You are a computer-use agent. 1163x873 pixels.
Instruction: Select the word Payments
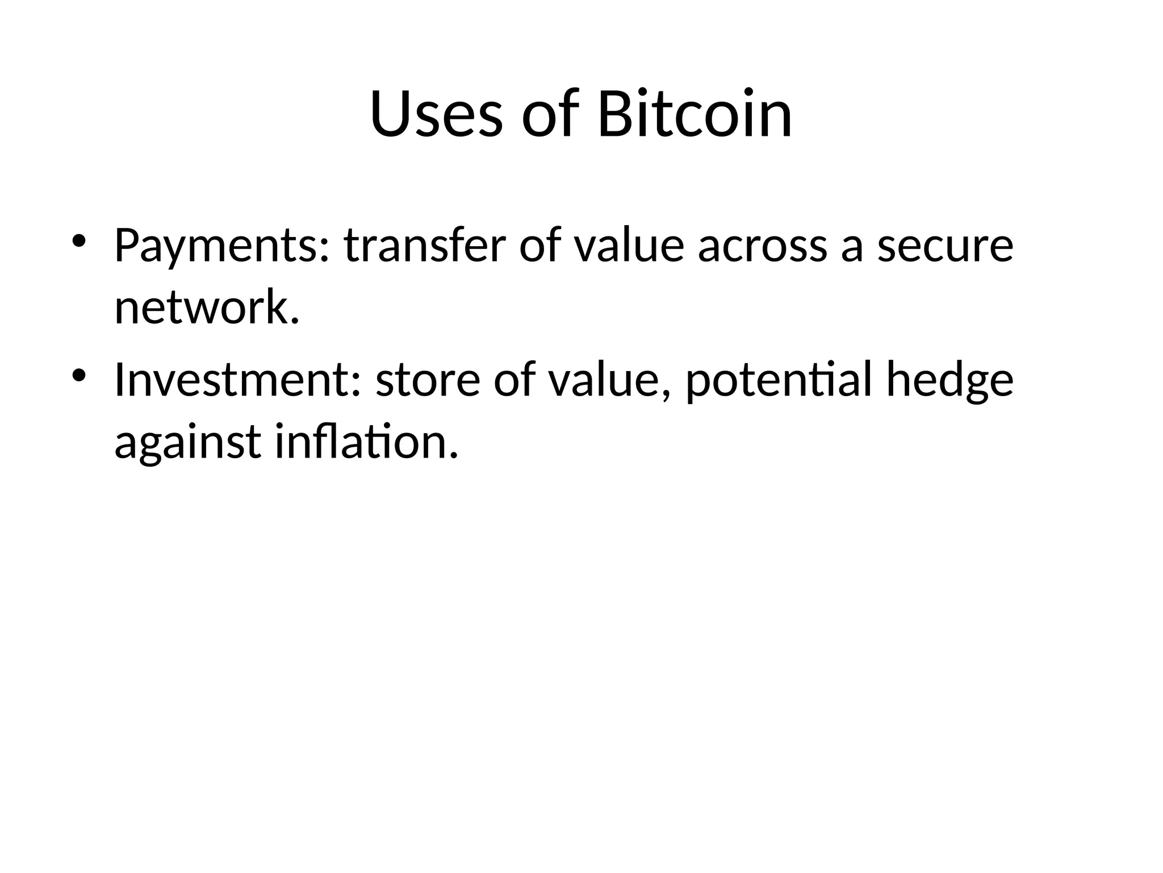[x=217, y=247]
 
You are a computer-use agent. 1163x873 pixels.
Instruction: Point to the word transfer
[x=424, y=246]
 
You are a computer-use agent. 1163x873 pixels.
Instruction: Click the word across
[x=762, y=247]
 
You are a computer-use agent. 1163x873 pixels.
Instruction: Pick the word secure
[x=945, y=247]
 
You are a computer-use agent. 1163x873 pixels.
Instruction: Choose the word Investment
[x=233, y=380]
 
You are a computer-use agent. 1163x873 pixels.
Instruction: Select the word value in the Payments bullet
[x=629, y=247]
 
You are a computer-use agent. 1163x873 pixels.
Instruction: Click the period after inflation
[x=453, y=455]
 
